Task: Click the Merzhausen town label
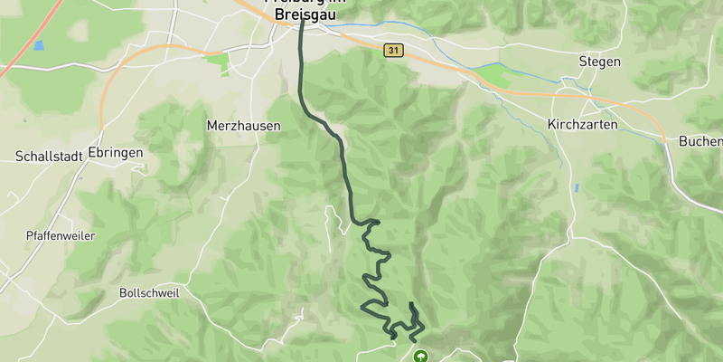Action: tap(243, 127)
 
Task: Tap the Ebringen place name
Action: tap(116, 153)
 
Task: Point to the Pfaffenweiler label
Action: tap(61, 235)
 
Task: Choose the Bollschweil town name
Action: tap(149, 293)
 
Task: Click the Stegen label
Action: tap(599, 62)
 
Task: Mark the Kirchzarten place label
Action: tap(582, 124)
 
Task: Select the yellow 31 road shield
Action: tap(391, 51)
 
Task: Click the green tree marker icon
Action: tap(420, 357)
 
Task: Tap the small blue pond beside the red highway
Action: tap(38, 45)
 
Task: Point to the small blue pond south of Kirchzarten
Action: tap(576, 187)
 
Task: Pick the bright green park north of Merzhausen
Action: tap(217, 62)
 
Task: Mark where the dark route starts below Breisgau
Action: tap(301, 20)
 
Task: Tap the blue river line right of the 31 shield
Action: tap(425, 36)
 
